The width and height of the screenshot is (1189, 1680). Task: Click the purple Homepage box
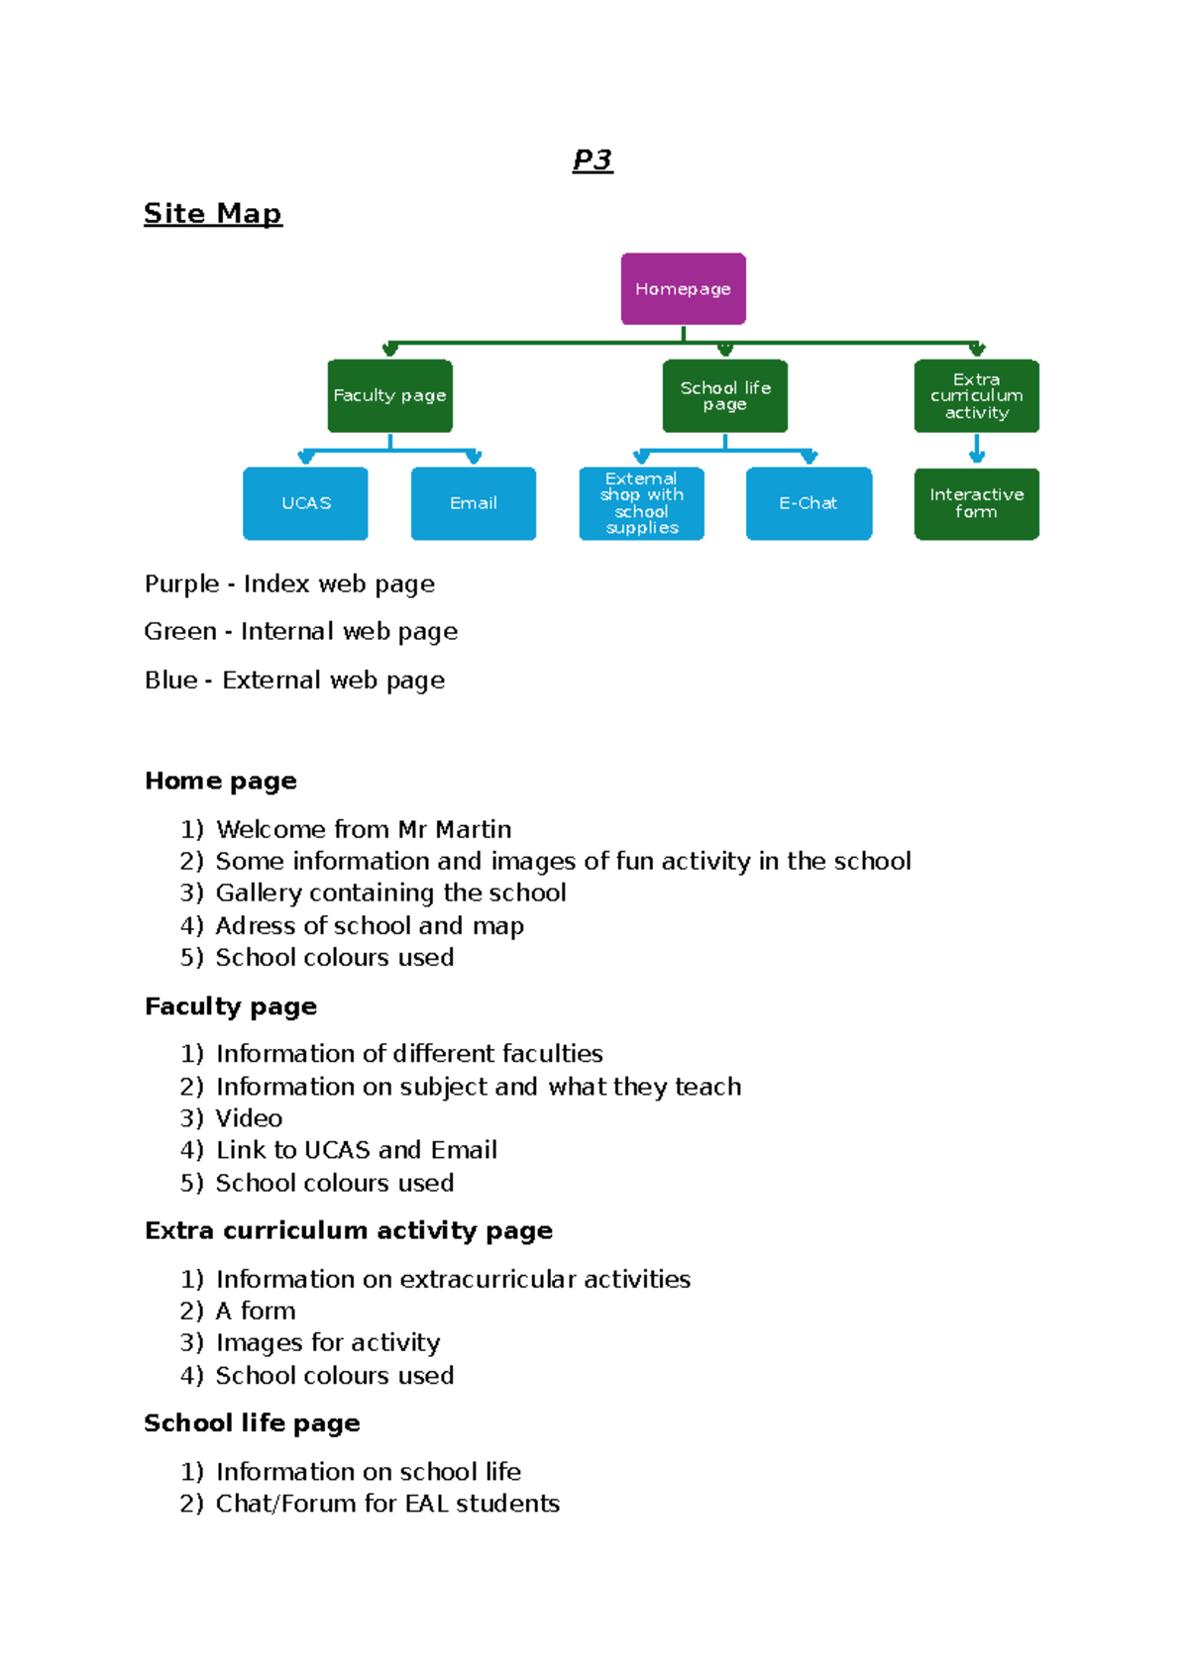pyautogui.click(x=683, y=288)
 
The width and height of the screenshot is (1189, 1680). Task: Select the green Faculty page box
pyautogui.click(x=389, y=395)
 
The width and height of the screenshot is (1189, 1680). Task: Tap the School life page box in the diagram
pyautogui.click(x=724, y=395)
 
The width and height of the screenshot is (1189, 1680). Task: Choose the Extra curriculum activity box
pyautogui.click(x=976, y=395)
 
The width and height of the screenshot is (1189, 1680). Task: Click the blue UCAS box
pyautogui.click(x=305, y=503)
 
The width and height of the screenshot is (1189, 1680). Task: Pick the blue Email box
pyautogui.click(x=473, y=503)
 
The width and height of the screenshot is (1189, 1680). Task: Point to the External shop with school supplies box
pyautogui.click(x=641, y=503)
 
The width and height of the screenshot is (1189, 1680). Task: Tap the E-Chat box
pyautogui.click(x=809, y=503)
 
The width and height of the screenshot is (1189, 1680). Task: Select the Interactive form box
pyautogui.click(x=976, y=503)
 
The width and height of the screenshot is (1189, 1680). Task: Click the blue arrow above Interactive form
pyautogui.click(x=976, y=450)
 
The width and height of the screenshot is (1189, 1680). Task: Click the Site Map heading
pyautogui.click(x=213, y=213)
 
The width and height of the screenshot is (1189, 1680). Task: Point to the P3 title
pyautogui.click(x=593, y=159)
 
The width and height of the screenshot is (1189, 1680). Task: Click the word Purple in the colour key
pyautogui.click(x=181, y=583)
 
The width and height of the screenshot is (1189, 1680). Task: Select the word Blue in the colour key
pyautogui.click(x=170, y=680)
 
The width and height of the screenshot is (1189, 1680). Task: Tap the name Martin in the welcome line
pyautogui.click(x=474, y=829)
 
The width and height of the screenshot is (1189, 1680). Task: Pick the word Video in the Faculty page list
pyautogui.click(x=249, y=1118)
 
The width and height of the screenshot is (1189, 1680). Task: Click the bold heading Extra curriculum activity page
pyautogui.click(x=348, y=1230)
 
